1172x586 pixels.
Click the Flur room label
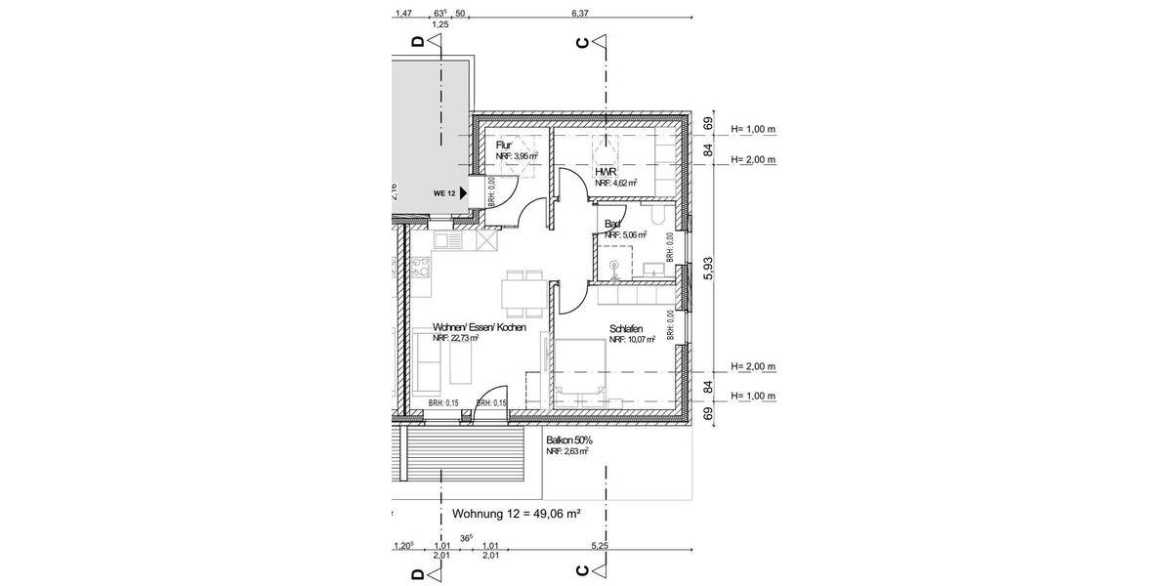[x=504, y=145]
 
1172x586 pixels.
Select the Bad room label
[x=612, y=224]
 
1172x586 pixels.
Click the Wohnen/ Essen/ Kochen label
[x=479, y=328]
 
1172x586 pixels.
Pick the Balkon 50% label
[x=569, y=440]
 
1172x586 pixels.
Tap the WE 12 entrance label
[x=444, y=193]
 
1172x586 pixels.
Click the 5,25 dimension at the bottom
[x=601, y=546]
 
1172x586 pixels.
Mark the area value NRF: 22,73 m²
[x=455, y=339]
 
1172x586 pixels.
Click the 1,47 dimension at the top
[x=402, y=13]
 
